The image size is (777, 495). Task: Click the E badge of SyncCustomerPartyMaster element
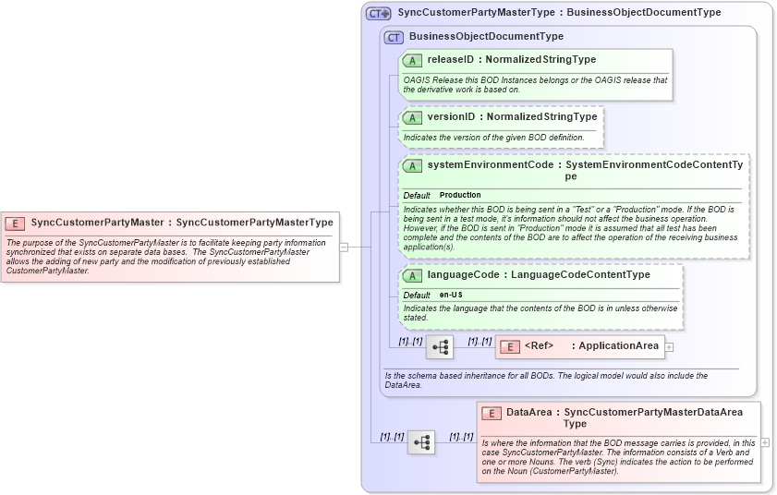click(16, 223)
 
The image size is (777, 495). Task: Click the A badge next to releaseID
click(412, 60)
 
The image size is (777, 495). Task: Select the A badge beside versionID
click(412, 117)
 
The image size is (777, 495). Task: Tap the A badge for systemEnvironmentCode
click(412, 165)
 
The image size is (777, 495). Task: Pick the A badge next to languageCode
click(412, 275)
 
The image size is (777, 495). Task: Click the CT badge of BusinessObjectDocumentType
click(395, 37)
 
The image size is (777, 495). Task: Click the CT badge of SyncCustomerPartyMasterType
click(379, 13)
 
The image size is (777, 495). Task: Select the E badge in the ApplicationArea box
click(508, 346)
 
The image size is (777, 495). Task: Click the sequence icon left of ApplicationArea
click(440, 347)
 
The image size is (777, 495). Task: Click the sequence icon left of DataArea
click(421, 442)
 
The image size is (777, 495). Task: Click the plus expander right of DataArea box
click(765, 442)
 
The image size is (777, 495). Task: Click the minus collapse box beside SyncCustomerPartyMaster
click(344, 247)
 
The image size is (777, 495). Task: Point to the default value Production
click(460, 195)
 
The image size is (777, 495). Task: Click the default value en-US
click(451, 295)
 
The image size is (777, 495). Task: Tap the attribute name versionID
click(450, 117)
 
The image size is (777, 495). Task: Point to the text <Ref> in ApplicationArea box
click(539, 346)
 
